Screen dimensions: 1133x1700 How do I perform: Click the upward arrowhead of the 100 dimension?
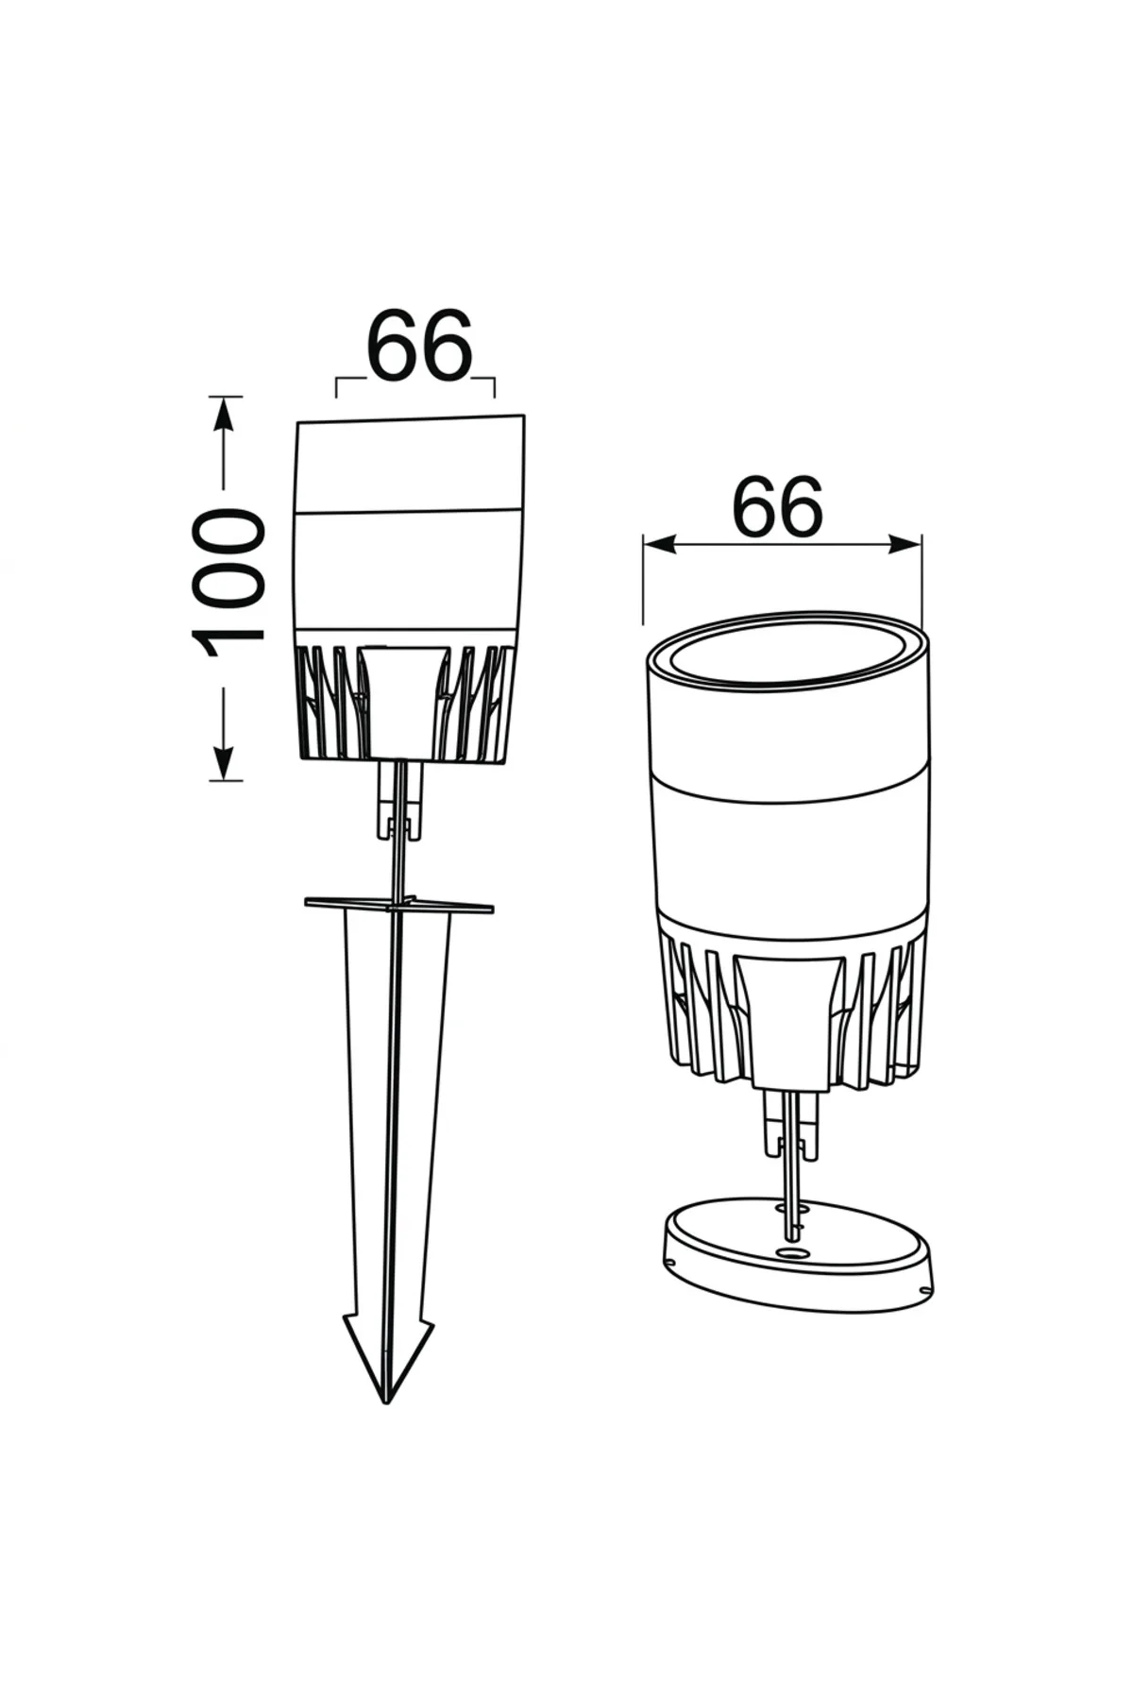click(223, 413)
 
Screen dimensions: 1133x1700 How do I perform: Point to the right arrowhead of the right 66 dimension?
click(905, 544)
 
